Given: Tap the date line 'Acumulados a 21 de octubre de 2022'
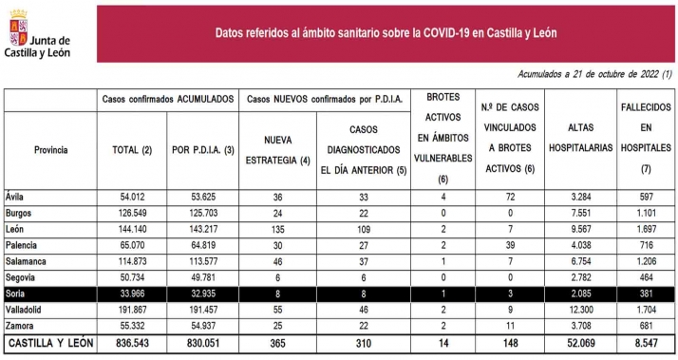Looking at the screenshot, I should point(595,74).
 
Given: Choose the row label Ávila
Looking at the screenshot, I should point(15,196).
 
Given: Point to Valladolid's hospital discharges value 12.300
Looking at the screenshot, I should point(579,310).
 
